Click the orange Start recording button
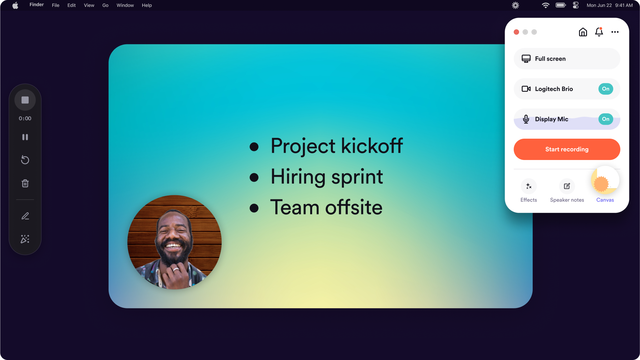tap(567, 149)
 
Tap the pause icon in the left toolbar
tap(25, 137)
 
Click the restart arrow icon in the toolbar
tap(25, 160)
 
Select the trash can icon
tap(25, 183)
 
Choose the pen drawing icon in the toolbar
tap(25, 216)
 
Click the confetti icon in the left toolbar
tap(25, 239)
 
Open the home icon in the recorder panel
tap(583, 32)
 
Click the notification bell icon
tap(599, 32)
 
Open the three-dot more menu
tap(615, 32)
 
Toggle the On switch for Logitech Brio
tap(606, 89)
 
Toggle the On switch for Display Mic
tap(606, 119)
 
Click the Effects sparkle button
tap(529, 186)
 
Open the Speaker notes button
tap(567, 186)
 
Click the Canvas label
tap(605, 200)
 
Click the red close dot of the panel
tap(516, 32)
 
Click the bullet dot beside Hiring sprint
tap(254, 177)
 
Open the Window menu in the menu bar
tap(125, 5)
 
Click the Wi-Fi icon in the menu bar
tap(545, 5)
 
